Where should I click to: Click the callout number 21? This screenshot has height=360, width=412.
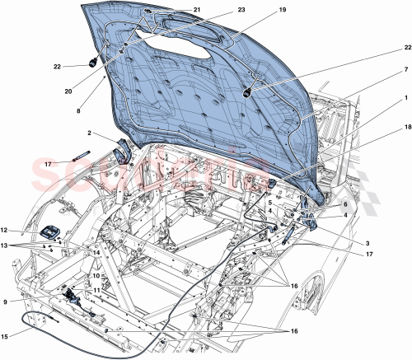coord(197,9)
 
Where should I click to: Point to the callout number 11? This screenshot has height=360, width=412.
coord(96,290)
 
